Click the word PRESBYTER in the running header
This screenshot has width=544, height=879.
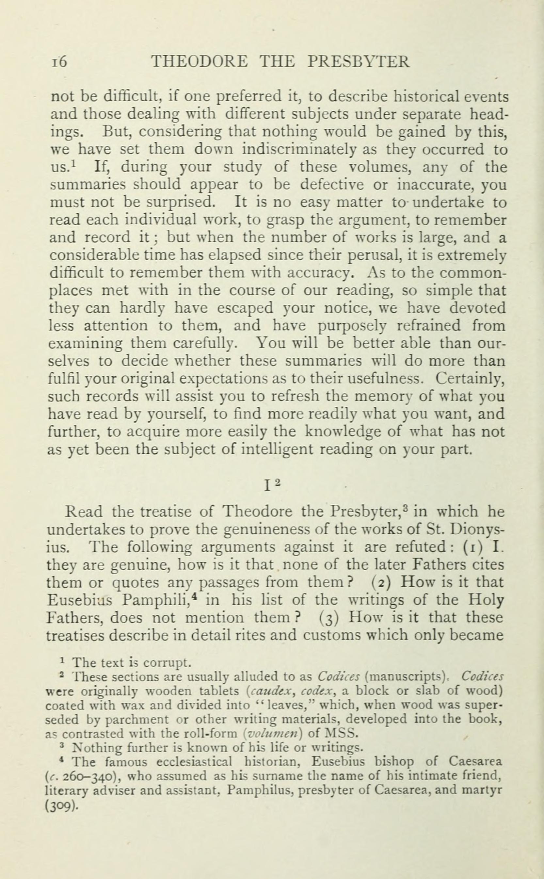[x=359, y=62]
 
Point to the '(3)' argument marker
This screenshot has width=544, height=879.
[x=328, y=618]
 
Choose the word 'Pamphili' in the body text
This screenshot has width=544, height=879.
[x=159, y=600]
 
